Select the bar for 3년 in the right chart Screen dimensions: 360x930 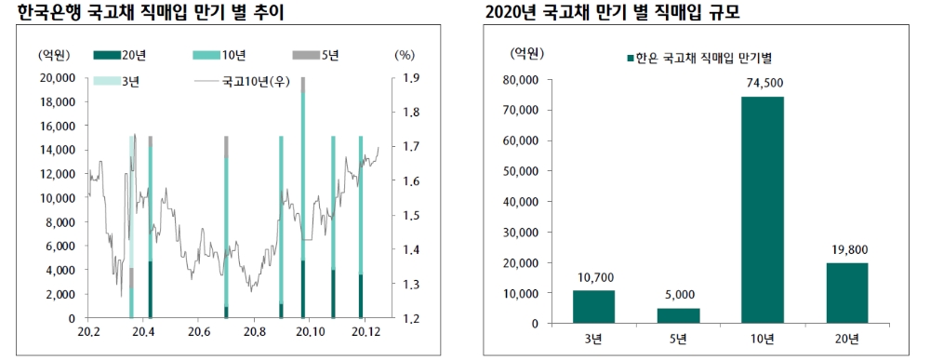coord(593,307)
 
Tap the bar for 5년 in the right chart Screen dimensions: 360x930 coord(678,315)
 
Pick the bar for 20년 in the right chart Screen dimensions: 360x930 coord(846,293)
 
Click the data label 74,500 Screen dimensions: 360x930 coord(763,84)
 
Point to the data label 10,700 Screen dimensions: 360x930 coord(593,277)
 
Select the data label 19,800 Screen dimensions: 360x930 coord(846,250)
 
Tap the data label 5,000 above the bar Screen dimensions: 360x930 coord(678,295)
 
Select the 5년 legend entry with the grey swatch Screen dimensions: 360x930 coord(316,56)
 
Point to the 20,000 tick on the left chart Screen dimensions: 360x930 coord(58,78)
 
